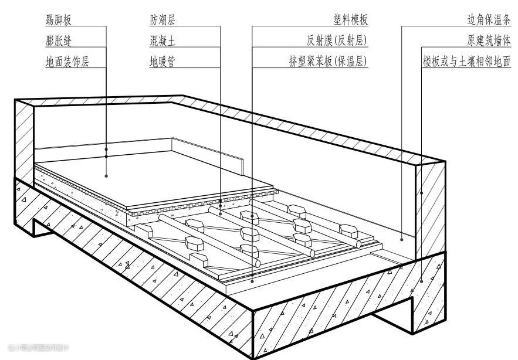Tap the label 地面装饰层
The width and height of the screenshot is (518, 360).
[67, 61]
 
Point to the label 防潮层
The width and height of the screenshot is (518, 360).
[162, 20]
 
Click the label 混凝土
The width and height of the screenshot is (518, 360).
[162, 41]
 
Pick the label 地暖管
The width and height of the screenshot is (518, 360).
[162, 61]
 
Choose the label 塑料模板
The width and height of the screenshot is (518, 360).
[351, 20]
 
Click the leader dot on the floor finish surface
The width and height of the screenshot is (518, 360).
[106, 175]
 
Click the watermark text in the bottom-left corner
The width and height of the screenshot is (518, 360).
[35, 348]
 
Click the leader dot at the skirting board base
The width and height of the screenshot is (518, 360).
[106, 157]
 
